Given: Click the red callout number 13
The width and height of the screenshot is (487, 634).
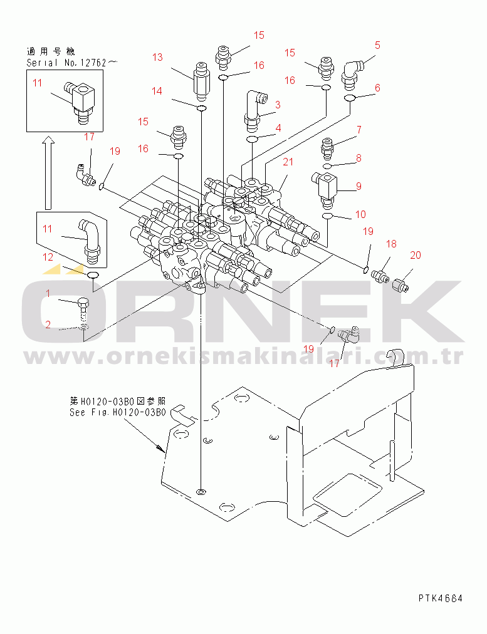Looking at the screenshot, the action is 157,57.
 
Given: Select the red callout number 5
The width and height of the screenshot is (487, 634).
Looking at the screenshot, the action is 377,45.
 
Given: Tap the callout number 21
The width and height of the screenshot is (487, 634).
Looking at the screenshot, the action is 288,162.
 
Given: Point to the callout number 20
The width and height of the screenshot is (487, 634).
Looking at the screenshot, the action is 416,255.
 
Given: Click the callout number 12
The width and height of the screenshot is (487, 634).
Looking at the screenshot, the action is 48,257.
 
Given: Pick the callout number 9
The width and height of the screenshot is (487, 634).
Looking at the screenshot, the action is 359,186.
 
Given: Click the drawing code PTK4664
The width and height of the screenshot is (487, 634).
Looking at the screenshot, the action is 441,598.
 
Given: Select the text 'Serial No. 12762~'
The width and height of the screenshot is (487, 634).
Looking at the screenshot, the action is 72,63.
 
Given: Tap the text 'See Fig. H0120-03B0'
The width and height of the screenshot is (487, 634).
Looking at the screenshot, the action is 117,412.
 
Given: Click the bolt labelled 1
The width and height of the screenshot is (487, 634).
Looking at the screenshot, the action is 83,310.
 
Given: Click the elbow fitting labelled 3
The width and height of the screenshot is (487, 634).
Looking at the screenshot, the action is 254,111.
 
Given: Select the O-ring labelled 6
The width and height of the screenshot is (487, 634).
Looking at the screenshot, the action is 350,98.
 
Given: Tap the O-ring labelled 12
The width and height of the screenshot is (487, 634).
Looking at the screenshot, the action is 93,276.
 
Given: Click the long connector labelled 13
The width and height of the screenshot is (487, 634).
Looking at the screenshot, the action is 201,81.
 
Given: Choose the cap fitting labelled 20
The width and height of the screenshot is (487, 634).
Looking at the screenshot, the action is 401,283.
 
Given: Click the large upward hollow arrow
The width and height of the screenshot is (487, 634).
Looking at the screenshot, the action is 48,173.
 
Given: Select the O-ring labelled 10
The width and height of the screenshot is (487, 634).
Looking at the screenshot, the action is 327,216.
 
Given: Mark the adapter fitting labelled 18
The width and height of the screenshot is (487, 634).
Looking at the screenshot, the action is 380,276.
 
